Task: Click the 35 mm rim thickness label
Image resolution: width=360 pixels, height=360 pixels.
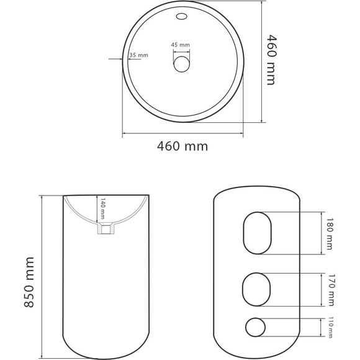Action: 139,55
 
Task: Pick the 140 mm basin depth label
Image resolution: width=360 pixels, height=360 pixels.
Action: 102,210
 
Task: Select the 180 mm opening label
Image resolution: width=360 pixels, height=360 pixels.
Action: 329,233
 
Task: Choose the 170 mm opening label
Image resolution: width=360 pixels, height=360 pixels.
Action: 329,290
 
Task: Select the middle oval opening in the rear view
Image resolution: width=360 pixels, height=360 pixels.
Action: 255,290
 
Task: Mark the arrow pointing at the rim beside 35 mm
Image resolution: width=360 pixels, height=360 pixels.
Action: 115,60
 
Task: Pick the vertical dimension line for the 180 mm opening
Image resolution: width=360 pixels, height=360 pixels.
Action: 320,233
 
